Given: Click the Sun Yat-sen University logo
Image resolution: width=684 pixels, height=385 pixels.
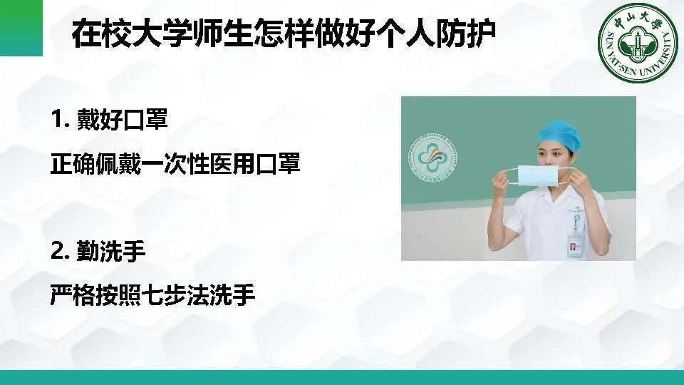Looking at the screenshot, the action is (638, 43).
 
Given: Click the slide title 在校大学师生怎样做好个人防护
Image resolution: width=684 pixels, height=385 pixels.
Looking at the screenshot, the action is (284, 34).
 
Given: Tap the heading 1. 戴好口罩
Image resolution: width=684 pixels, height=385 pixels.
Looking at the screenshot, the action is (109, 119).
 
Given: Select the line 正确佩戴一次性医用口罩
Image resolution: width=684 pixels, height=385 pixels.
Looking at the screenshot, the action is (175, 164).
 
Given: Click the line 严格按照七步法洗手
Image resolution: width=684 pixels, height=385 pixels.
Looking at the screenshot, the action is (152, 294).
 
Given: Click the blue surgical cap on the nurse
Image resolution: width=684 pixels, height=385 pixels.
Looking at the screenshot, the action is (559, 135).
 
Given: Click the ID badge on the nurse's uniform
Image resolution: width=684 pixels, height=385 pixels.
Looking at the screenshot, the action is (576, 247).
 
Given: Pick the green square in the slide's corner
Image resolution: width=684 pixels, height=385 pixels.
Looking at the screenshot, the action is (21, 28).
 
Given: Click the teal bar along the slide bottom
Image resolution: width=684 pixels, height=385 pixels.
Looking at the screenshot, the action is (342, 378).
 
